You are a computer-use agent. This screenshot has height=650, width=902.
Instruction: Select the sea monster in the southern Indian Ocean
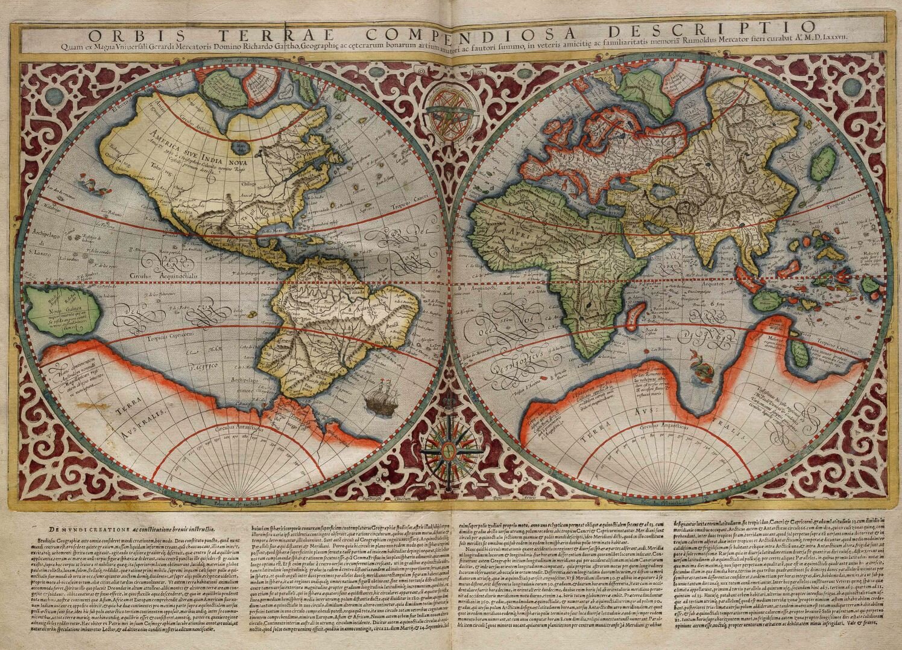pyautogui.click(x=701, y=369)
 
